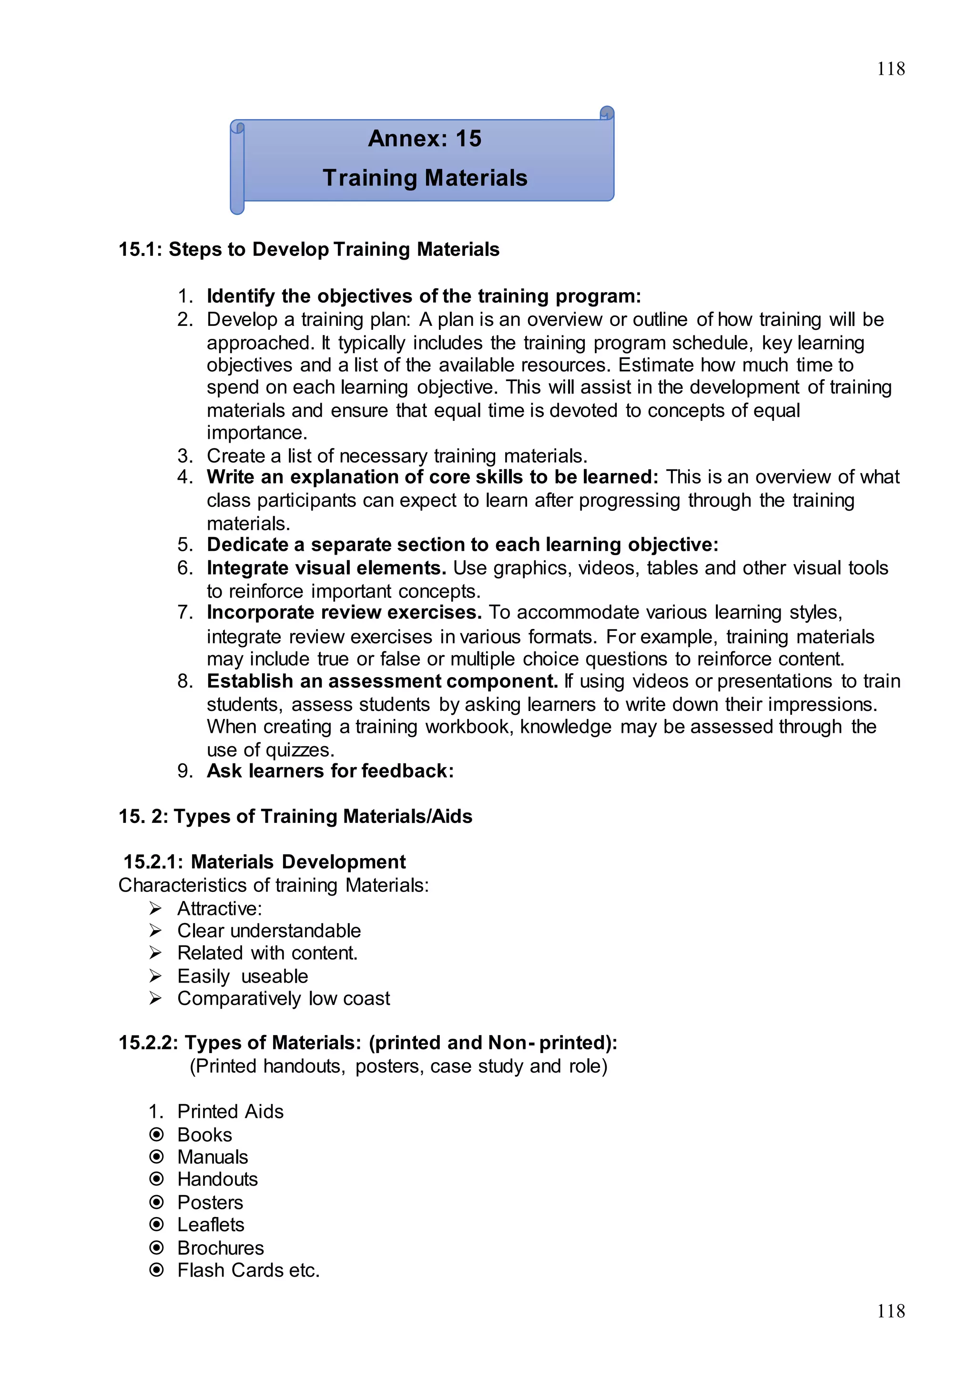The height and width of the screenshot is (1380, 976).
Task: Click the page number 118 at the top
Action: point(890,69)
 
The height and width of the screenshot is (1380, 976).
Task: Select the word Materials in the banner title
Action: point(476,179)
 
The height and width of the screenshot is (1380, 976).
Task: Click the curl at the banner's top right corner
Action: point(607,113)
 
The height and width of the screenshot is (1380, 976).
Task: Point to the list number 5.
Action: point(184,545)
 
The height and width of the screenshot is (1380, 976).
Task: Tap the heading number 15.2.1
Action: point(153,862)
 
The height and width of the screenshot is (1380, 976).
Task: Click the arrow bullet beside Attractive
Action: point(156,908)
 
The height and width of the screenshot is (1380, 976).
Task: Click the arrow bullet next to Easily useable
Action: point(156,975)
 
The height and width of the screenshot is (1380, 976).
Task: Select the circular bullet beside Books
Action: point(156,1134)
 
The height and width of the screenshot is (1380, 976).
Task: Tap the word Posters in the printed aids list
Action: point(210,1202)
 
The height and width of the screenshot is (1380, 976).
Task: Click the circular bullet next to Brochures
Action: point(156,1248)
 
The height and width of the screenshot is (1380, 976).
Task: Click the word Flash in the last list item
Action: point(201,1270)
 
